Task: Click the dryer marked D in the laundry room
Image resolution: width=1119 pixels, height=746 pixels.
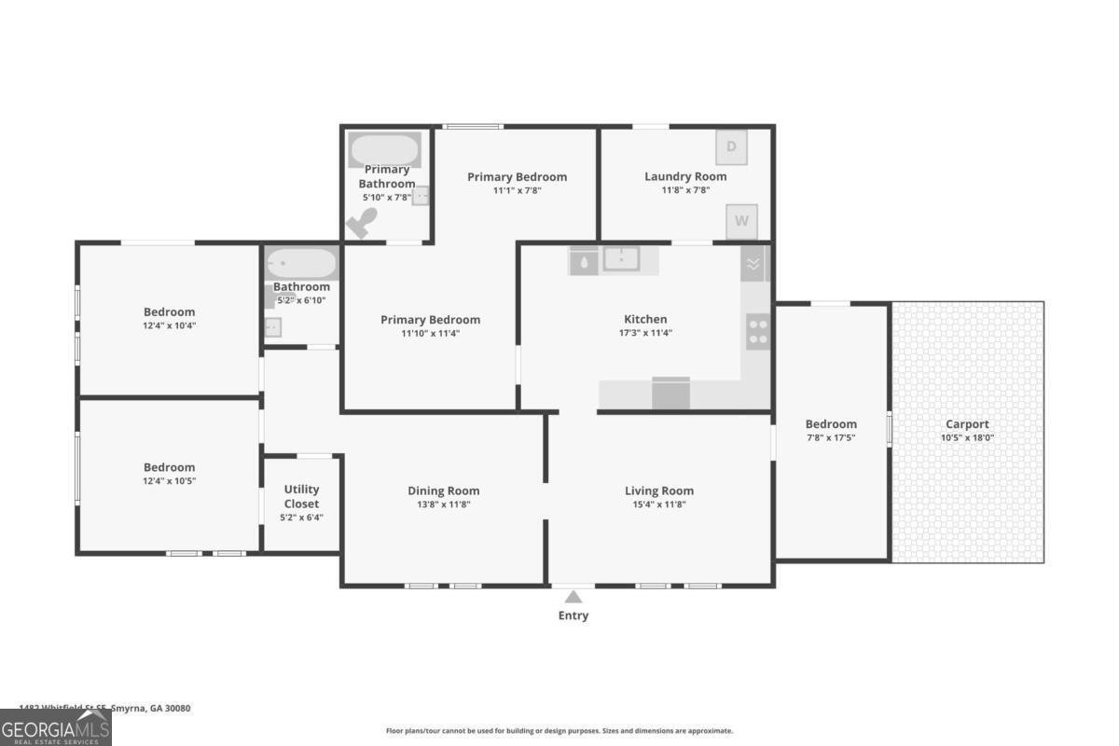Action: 731,146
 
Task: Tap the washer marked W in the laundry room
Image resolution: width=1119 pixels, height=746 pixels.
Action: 741,221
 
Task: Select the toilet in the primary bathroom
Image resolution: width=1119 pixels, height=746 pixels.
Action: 363,223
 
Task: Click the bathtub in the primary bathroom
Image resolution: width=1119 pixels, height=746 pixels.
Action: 384,149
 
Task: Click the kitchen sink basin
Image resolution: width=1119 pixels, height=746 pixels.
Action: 620,259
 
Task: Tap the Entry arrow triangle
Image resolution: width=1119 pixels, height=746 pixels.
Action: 573,597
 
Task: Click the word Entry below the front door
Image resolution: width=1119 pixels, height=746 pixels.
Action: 573,615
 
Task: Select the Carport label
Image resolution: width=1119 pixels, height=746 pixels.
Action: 967,424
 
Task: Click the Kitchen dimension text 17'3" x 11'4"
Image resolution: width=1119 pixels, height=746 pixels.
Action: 645,333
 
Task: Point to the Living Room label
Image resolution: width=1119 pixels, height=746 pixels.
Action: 659,490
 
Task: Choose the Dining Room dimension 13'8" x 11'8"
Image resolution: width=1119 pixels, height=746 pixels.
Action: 444,504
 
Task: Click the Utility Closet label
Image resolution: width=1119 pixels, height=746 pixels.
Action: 301,496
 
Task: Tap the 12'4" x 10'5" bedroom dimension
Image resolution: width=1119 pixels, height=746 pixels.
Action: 169,481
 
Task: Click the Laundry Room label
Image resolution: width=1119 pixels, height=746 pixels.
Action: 685,176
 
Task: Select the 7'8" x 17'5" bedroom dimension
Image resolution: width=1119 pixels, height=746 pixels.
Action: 831,437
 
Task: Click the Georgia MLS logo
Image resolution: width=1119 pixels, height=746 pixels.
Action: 56,727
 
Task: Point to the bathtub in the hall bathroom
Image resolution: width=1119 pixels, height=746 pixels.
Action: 301,263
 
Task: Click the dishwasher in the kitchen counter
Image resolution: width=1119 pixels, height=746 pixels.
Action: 670,394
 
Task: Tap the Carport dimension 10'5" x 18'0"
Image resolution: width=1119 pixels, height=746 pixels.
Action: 967,437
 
